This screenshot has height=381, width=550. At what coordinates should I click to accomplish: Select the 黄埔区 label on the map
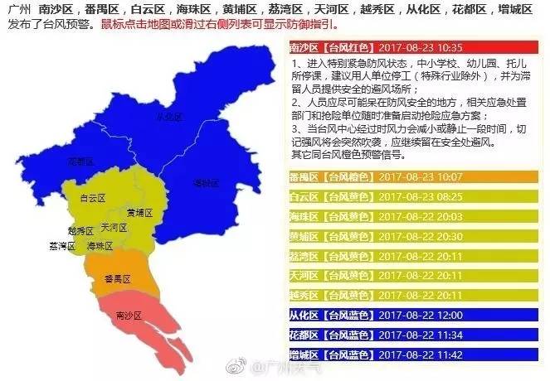click(x=139, y=213)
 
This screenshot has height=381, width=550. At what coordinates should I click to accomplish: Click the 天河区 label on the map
click(x=112, y=226)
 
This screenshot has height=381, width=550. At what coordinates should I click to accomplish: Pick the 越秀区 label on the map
click(x=81, y=230)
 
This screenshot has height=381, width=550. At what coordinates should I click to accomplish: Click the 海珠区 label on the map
click(x=100, y=246)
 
